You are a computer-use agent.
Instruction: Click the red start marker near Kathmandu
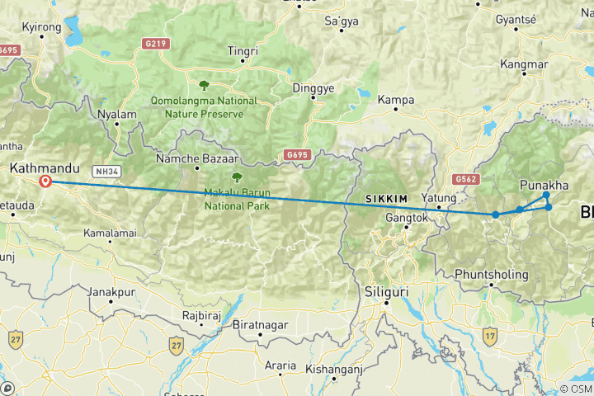[45, 181]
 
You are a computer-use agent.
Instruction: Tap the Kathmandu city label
[38, 168]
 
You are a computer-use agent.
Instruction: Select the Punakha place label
[544, 185]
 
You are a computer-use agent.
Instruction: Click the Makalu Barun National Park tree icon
[238, 177]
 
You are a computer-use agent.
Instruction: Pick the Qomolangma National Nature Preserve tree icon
[203, 84]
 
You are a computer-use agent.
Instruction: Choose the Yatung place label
[439, 198]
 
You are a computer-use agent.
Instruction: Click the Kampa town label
[395, 100]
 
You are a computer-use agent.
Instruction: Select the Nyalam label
[115, 115]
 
